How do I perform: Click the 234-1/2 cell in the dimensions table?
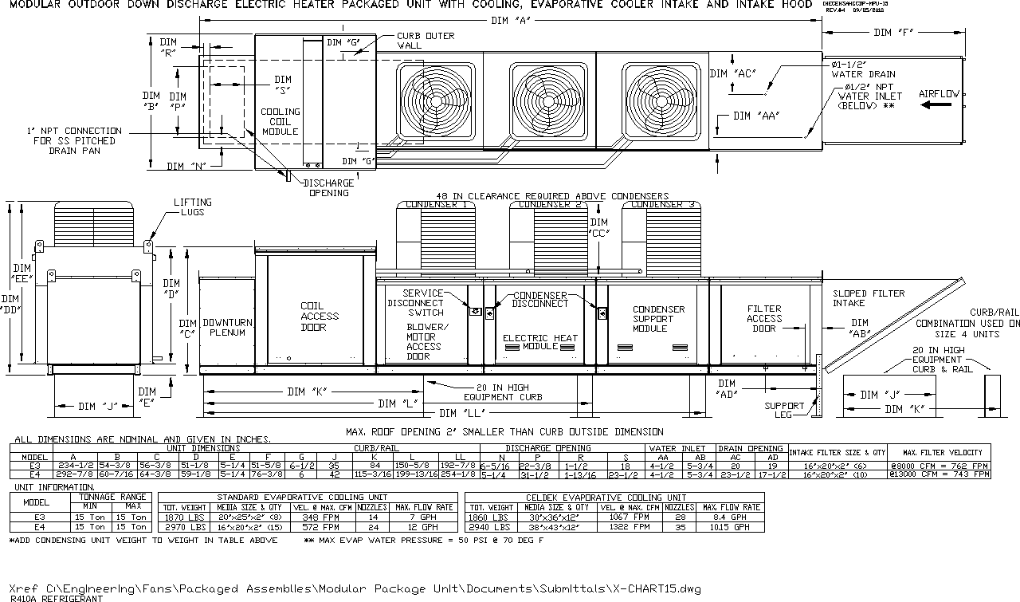click(x=73, y=464)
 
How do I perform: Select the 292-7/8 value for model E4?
click(x=73, y=474)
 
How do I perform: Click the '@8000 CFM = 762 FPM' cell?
click(x=939, y=464)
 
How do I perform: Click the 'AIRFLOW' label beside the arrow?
click(x=940, y=94)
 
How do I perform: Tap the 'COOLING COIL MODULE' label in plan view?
click(x=280, y=121)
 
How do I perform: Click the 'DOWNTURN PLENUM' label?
click(x=228, y=327)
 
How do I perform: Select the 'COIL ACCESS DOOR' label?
click(x=319, y=316)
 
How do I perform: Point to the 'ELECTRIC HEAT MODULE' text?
click(x=540, y=342)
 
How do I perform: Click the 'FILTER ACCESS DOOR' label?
click(x=763, y=318)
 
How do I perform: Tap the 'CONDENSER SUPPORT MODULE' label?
click(x=658, y=319)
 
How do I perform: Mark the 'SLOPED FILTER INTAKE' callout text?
click(x=869, y=298)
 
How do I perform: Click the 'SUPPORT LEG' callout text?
click(x=784, y=411)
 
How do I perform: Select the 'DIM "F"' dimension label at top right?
click(x=893, y=33)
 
